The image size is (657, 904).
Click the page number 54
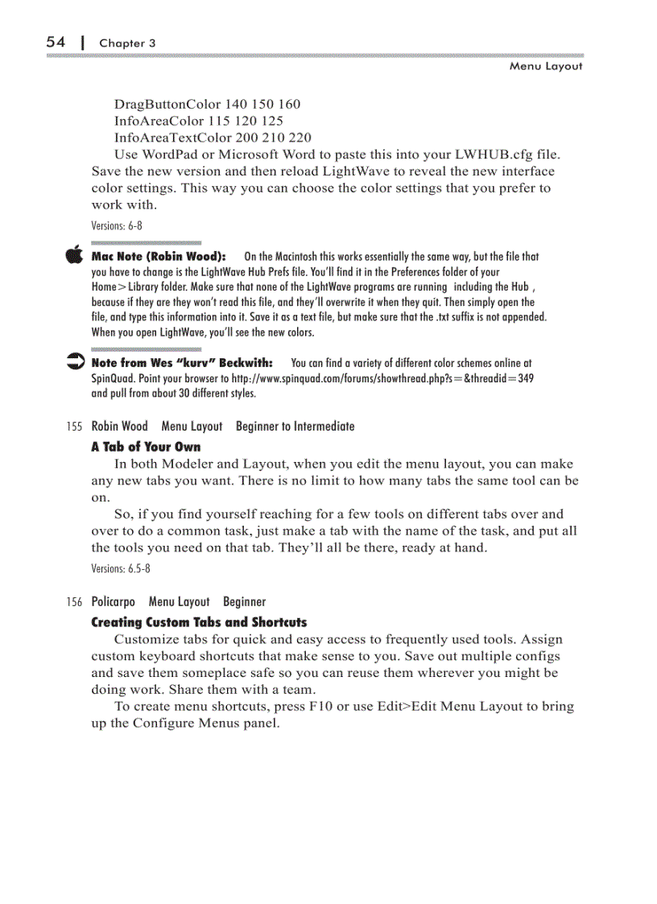click(55, 42)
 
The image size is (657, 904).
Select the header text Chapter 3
click(127, 43)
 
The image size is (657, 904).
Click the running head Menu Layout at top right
click(545, 66)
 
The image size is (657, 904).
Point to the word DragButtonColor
click(159, 104)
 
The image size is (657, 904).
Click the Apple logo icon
click(75, 254)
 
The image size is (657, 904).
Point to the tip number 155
click(76, 427)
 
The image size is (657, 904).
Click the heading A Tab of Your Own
click(146, 447)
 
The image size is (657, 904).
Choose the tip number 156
click(76, 602)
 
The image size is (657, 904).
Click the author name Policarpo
click(114, 601)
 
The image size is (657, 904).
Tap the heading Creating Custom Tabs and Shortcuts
click(199, 622)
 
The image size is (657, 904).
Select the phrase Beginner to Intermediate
click(295, 426)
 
